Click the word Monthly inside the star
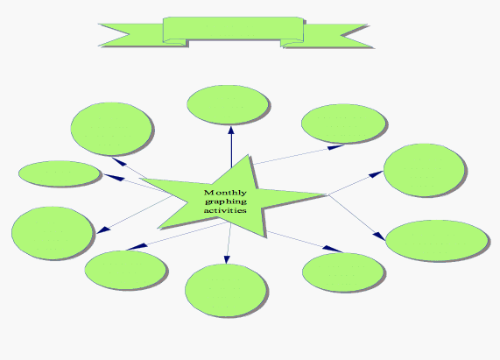coord(225,193)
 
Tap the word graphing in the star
coord(226,201)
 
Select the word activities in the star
coord(225,210)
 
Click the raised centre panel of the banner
coord(233,29)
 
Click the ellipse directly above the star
coord(228,104)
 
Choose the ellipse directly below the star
coord(225,290)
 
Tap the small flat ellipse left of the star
coord(60,173)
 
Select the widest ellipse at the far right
coord(437,240)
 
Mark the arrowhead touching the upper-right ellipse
coord(335,147)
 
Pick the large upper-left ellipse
coord(111,129)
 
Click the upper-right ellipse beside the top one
coord(343,124)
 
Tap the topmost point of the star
coord(249,155)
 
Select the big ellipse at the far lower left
coord(52,232)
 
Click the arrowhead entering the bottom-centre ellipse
coord(227,259)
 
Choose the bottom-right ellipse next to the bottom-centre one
coord(343,272)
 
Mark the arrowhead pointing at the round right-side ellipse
coord(377,174)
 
